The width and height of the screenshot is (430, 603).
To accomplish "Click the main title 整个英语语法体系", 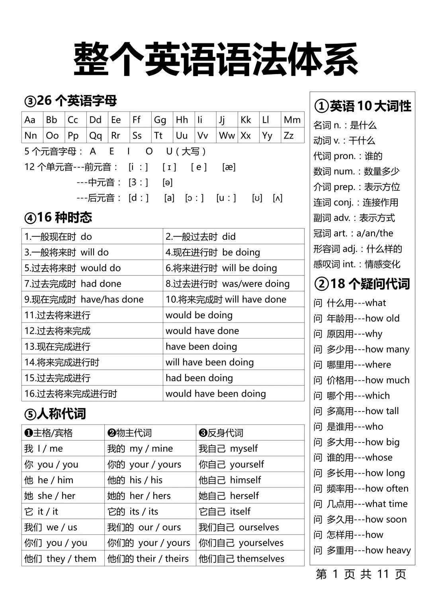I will click(x=215, y=60).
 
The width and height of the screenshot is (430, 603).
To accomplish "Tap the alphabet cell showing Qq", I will click(x=96, y=135).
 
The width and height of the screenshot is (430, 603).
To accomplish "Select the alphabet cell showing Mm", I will click(x=292, y=120).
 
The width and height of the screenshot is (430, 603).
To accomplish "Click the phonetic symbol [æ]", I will click(x=229, y=167).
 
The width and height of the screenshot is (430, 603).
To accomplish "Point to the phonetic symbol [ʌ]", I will click(x=278, y=198).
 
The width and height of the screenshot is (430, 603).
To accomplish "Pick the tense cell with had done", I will click(x=92, y=284).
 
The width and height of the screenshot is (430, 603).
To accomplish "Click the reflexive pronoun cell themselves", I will click(x=242, y=558).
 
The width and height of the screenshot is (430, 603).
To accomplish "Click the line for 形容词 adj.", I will click(x=358, y=249).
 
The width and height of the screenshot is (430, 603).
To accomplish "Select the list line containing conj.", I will click(x=356, y=202).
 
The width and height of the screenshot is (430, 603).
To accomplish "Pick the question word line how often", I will click(x=361, y=488).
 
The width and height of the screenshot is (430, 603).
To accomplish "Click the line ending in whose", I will click(x=353, y=457).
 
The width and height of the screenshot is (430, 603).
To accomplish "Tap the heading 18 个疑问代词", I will click(x=362, y=284).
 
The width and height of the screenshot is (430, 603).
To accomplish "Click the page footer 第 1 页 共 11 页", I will click(x=361, y=574).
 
